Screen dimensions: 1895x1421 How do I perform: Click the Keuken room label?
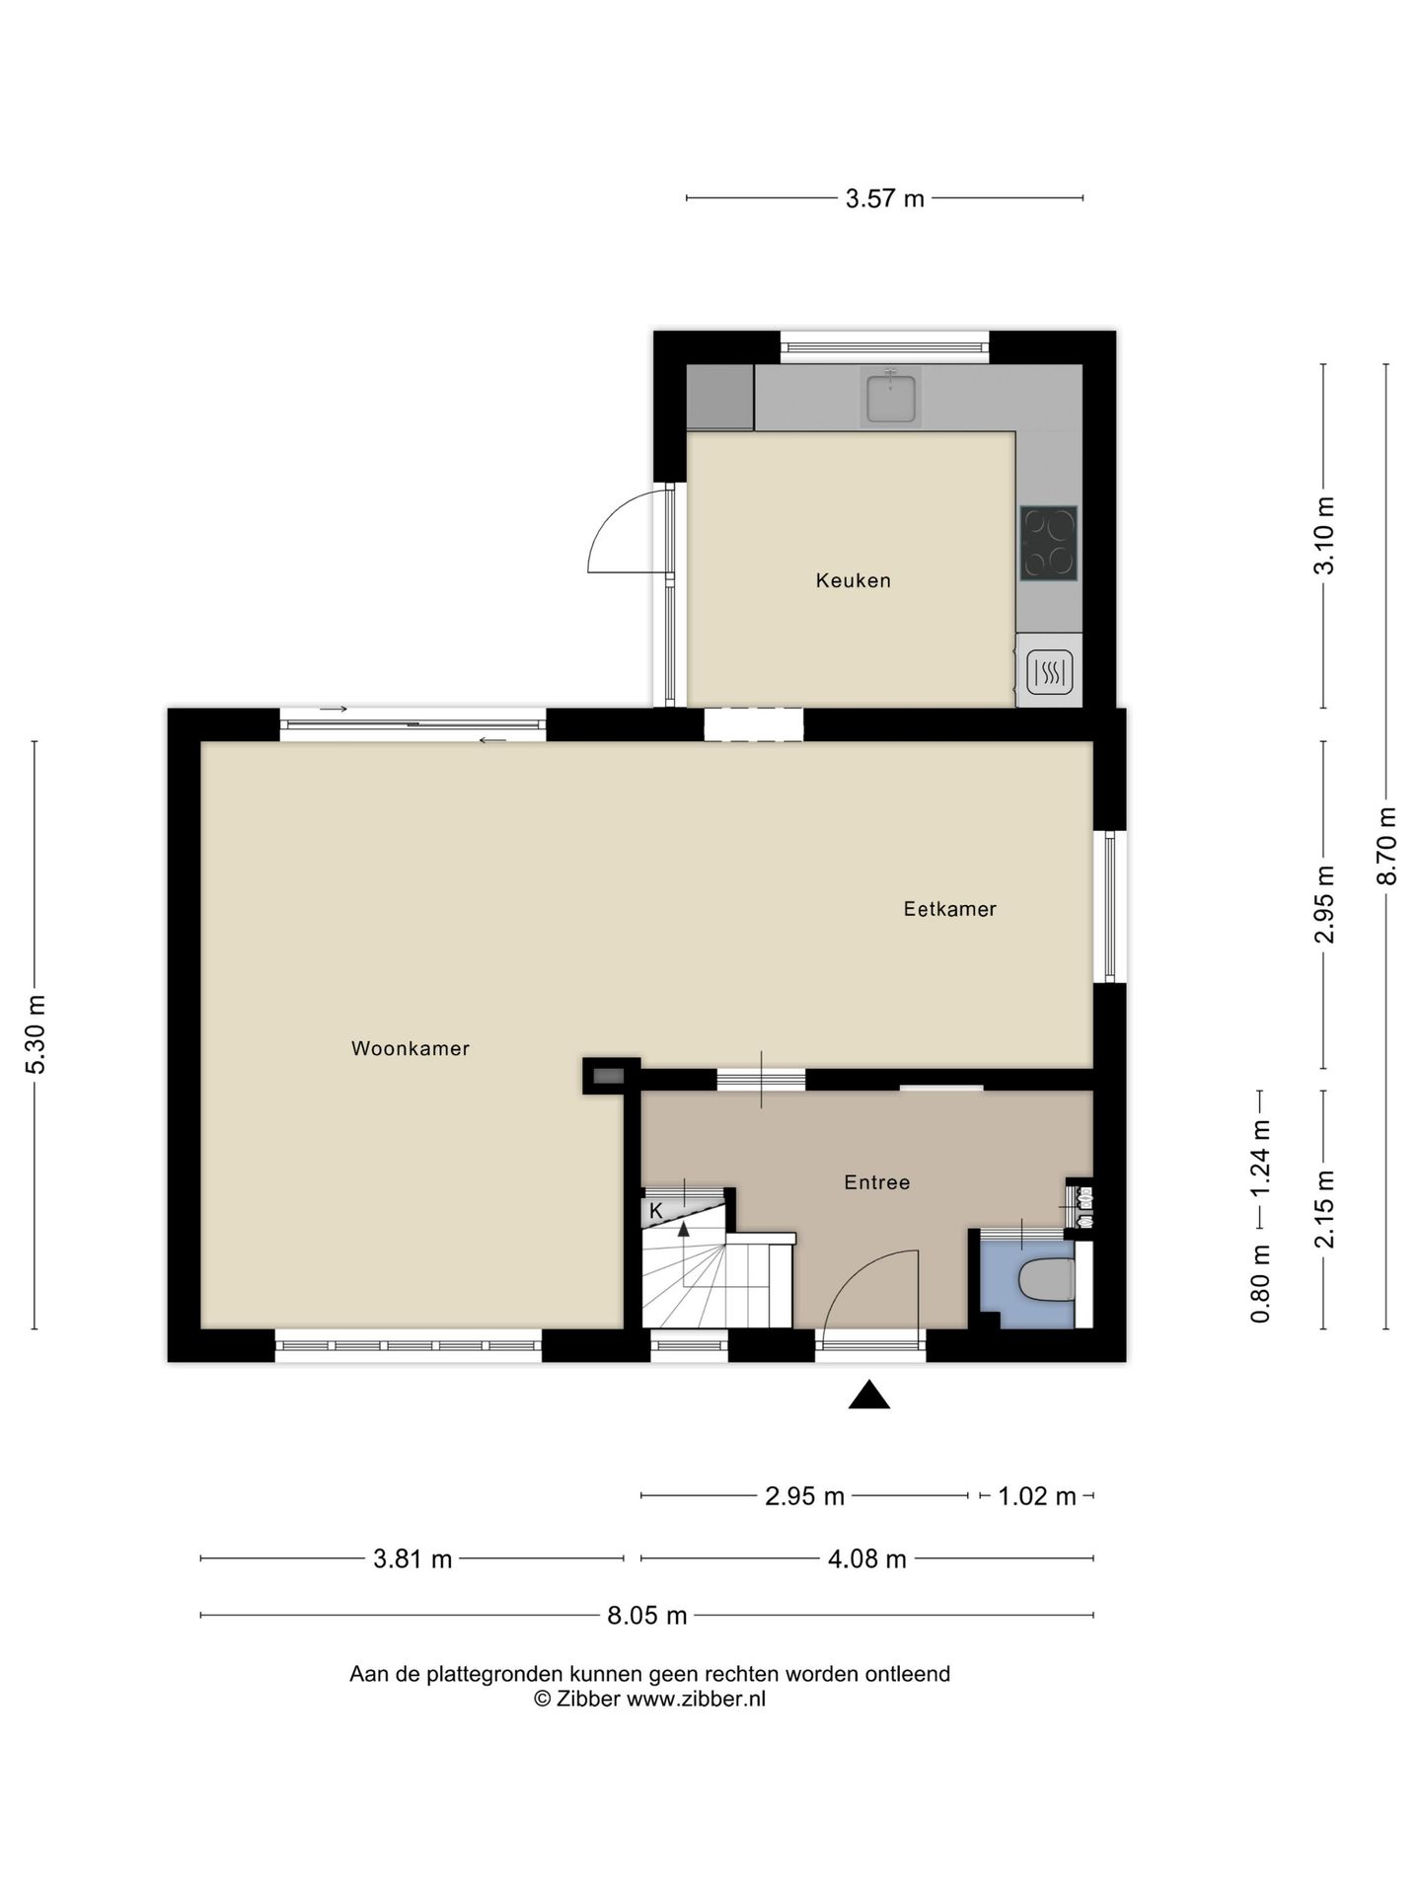coord(853,580)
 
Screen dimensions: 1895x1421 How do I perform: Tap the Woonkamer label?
coord(410,1048)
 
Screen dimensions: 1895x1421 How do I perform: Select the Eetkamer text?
coord(949,909)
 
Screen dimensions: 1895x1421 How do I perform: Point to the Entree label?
coord(876,1182)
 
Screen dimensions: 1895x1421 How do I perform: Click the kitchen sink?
coord(890,397)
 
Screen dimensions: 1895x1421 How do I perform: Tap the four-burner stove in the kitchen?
coord(1048,542)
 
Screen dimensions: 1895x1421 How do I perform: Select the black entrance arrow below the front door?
coord(869,1395)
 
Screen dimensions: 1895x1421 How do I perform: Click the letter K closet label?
coord(656,1210)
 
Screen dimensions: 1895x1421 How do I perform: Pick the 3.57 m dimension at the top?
coord(884,198)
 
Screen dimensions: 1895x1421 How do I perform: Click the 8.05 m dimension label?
coord(646,1616)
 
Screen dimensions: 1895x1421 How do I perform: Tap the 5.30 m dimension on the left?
coord(36,1034)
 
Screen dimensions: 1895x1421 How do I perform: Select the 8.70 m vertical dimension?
coord(1386,846)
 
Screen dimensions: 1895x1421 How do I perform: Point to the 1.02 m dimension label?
coord(1036,1496)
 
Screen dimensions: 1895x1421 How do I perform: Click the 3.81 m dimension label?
coord(412,1559)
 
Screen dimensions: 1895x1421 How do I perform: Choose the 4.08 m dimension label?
coord(866,1559)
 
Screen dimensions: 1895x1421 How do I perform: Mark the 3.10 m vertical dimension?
coord(1324,535)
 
